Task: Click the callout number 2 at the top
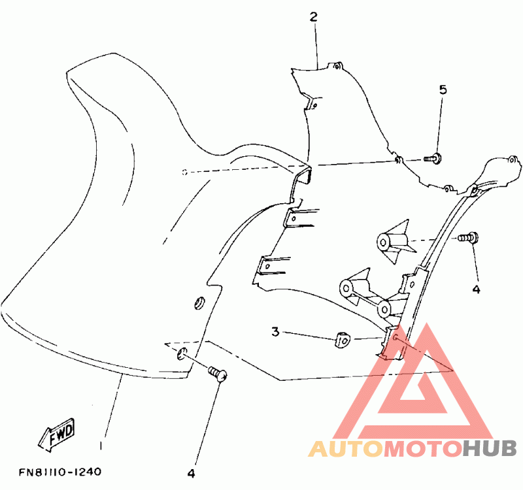(x=313, y=16)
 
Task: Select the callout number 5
(x=443, y=90)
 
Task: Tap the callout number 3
(x=276, y=333)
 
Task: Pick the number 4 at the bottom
(x=192, y=472)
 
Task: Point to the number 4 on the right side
(x=476, y=288)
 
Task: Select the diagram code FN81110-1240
(x=59, y=471)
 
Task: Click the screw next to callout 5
(x=432, y=157)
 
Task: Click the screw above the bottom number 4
(x=218, y=373)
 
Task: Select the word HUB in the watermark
(x=490, y=449)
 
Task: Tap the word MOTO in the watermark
(x=422, y=449)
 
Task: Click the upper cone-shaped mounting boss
(x=391, y=242)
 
